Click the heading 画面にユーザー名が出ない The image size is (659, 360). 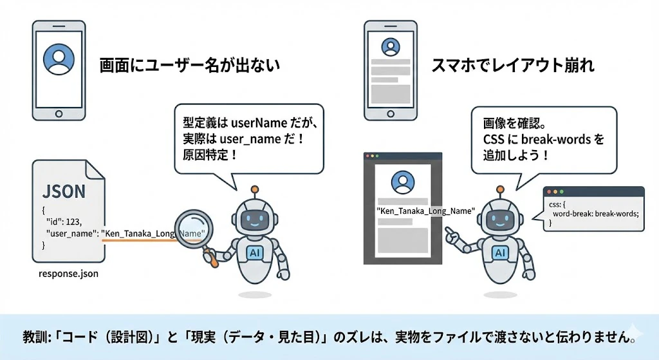click(x=190, y=66)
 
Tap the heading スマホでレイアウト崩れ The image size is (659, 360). click(x=513, y=66)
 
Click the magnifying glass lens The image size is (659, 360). click(x=193, y=230)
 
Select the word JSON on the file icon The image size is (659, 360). click(x=64, y=191)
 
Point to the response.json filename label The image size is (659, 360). click(x=68, y=274)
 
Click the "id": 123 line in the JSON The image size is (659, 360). click(x=64, y=222)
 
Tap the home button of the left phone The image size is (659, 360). click(x=59, y=114)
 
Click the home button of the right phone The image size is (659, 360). click(x=391, y=114)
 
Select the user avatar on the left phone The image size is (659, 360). click(x=59, y=60)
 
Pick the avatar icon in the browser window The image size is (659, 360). click(x=403, y=182)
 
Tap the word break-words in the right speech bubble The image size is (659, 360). click(x=556, y=139)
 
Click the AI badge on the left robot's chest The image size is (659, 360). click(x=255, y=252)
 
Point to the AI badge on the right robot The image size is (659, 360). click(x=499, y=252)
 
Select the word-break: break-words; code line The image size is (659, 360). click(x=595, y=214)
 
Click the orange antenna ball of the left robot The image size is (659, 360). click(x=255, y=190)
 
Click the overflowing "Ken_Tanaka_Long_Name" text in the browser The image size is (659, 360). click(x=426, y=211)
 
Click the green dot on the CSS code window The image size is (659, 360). click(x=562, y=192)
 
